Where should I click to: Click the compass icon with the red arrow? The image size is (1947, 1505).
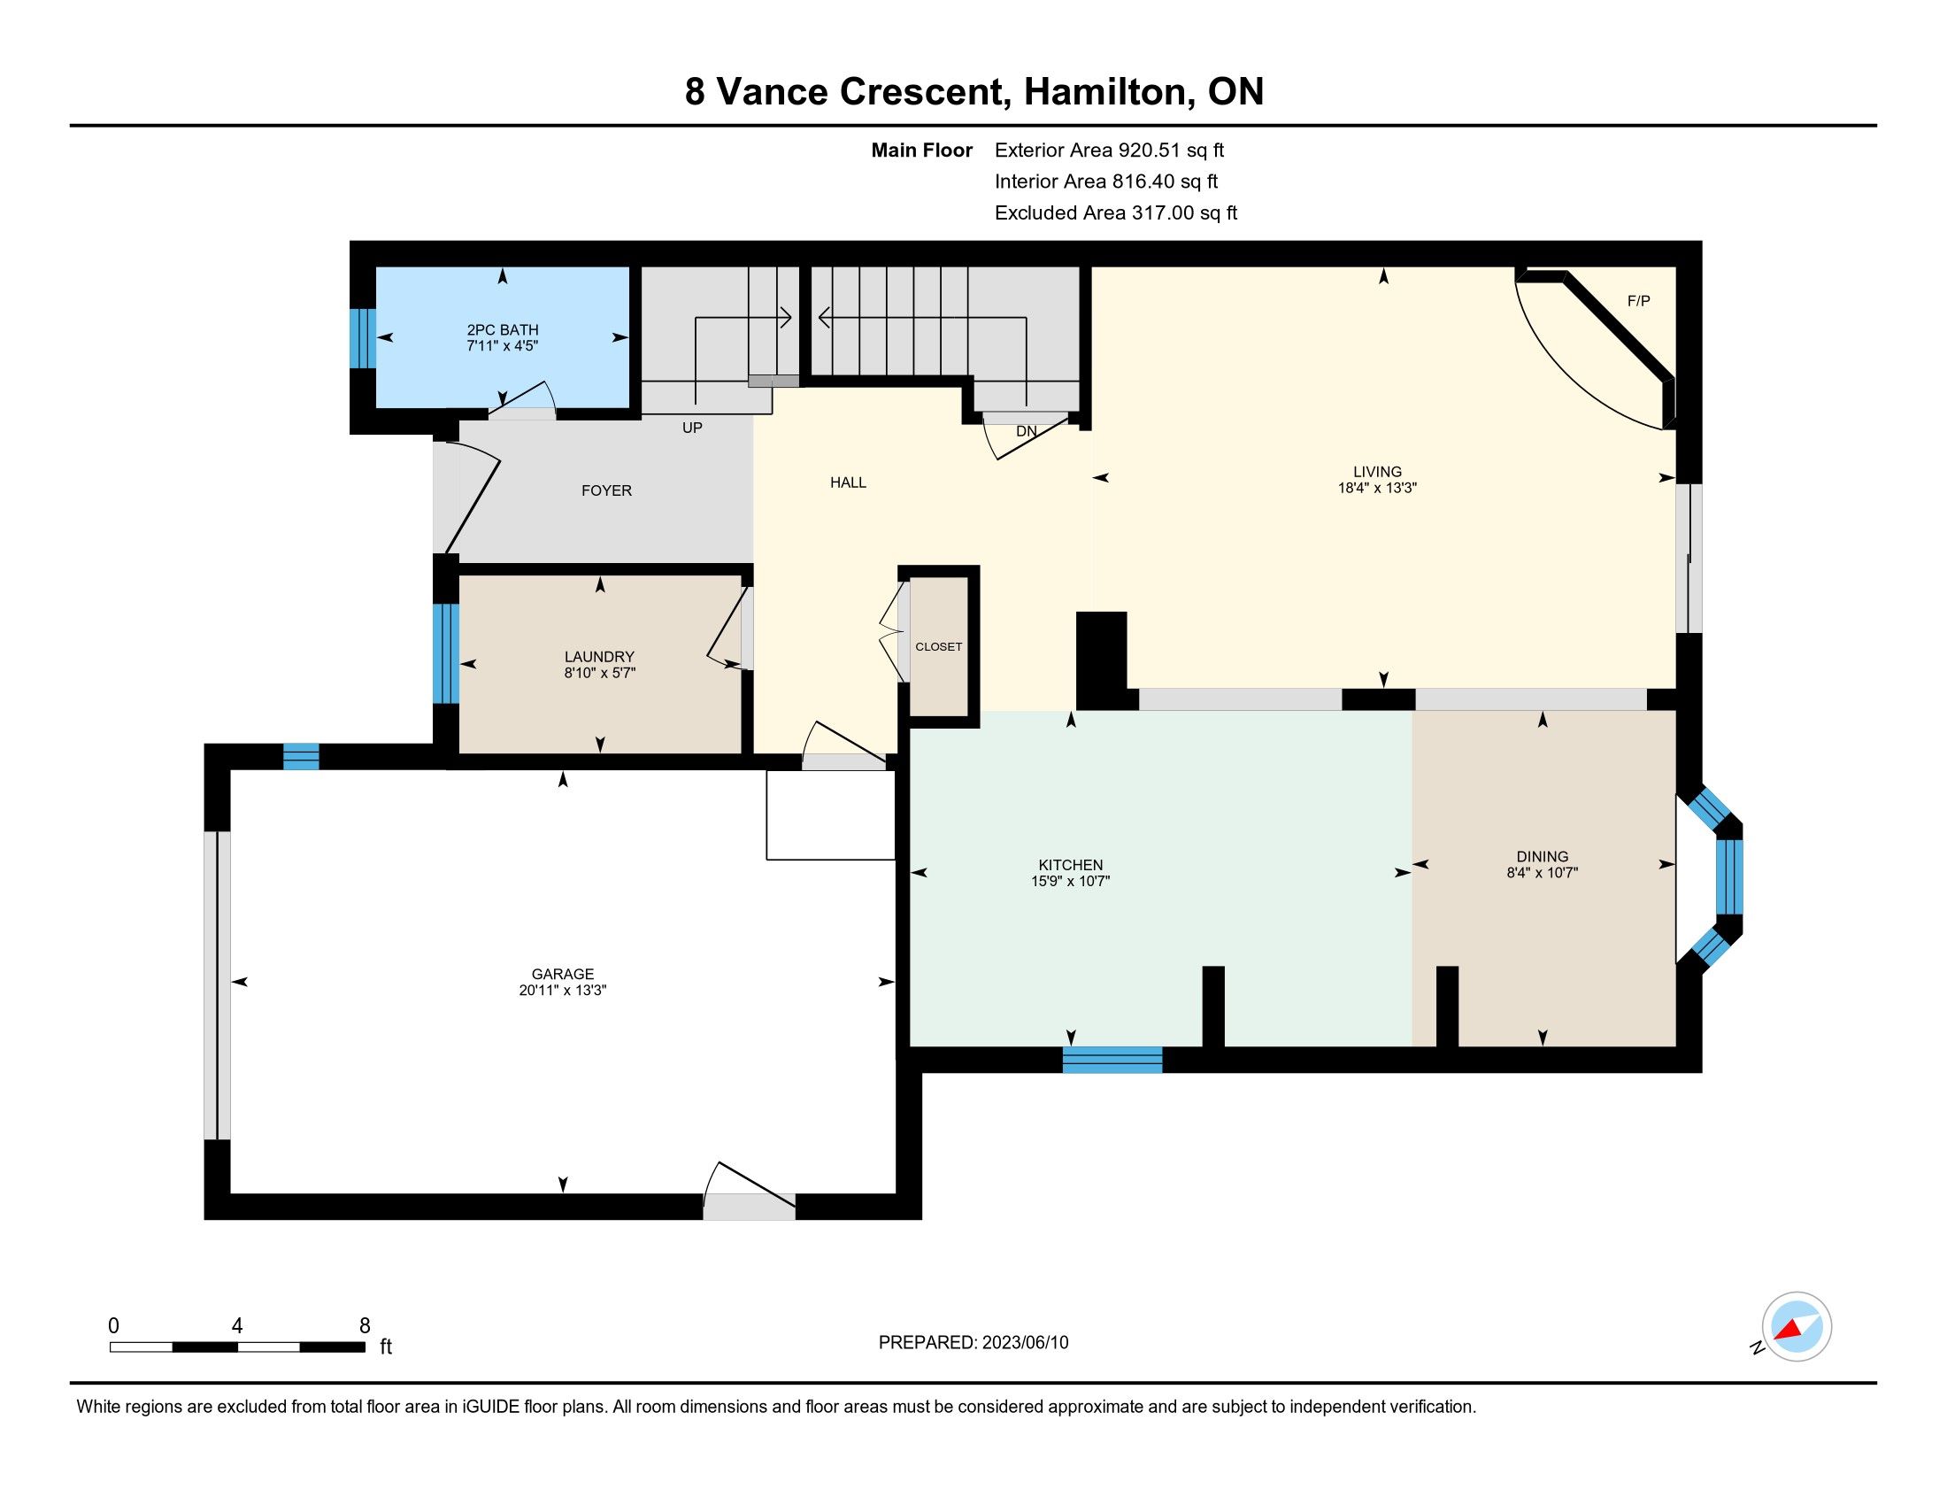1797,1327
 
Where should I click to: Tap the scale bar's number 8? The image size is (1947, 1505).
365,1326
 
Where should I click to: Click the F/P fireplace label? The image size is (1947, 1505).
1638,301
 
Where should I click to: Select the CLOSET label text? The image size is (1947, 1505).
939,646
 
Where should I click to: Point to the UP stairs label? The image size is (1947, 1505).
693,428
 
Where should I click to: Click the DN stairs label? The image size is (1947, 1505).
1026,431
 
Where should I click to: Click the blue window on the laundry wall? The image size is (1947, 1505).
446,653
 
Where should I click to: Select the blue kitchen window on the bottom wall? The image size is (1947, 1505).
1112,1059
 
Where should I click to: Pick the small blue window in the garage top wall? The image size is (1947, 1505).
301,756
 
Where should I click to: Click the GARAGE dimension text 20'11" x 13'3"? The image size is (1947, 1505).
563,991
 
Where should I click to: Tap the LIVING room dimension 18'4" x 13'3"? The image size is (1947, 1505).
1377,489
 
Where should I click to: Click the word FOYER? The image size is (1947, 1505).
606,490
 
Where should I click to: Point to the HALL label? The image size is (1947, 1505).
848,482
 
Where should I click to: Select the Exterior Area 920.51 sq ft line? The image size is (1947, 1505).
1109,150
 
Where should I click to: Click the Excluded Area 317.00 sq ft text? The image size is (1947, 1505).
1116,213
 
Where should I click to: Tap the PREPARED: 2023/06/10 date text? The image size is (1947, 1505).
973,1343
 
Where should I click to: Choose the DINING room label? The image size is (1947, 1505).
1543,857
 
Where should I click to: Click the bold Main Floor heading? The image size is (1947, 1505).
922,150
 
